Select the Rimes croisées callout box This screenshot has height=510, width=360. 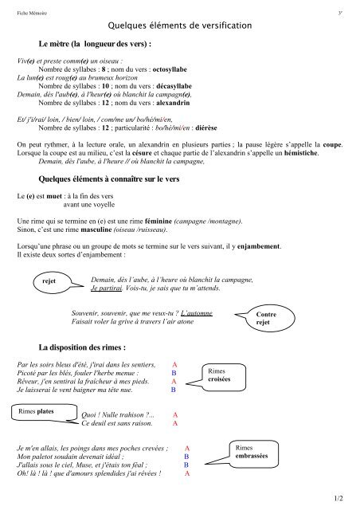point(218,375)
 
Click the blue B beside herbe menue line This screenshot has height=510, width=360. point(173,373)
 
